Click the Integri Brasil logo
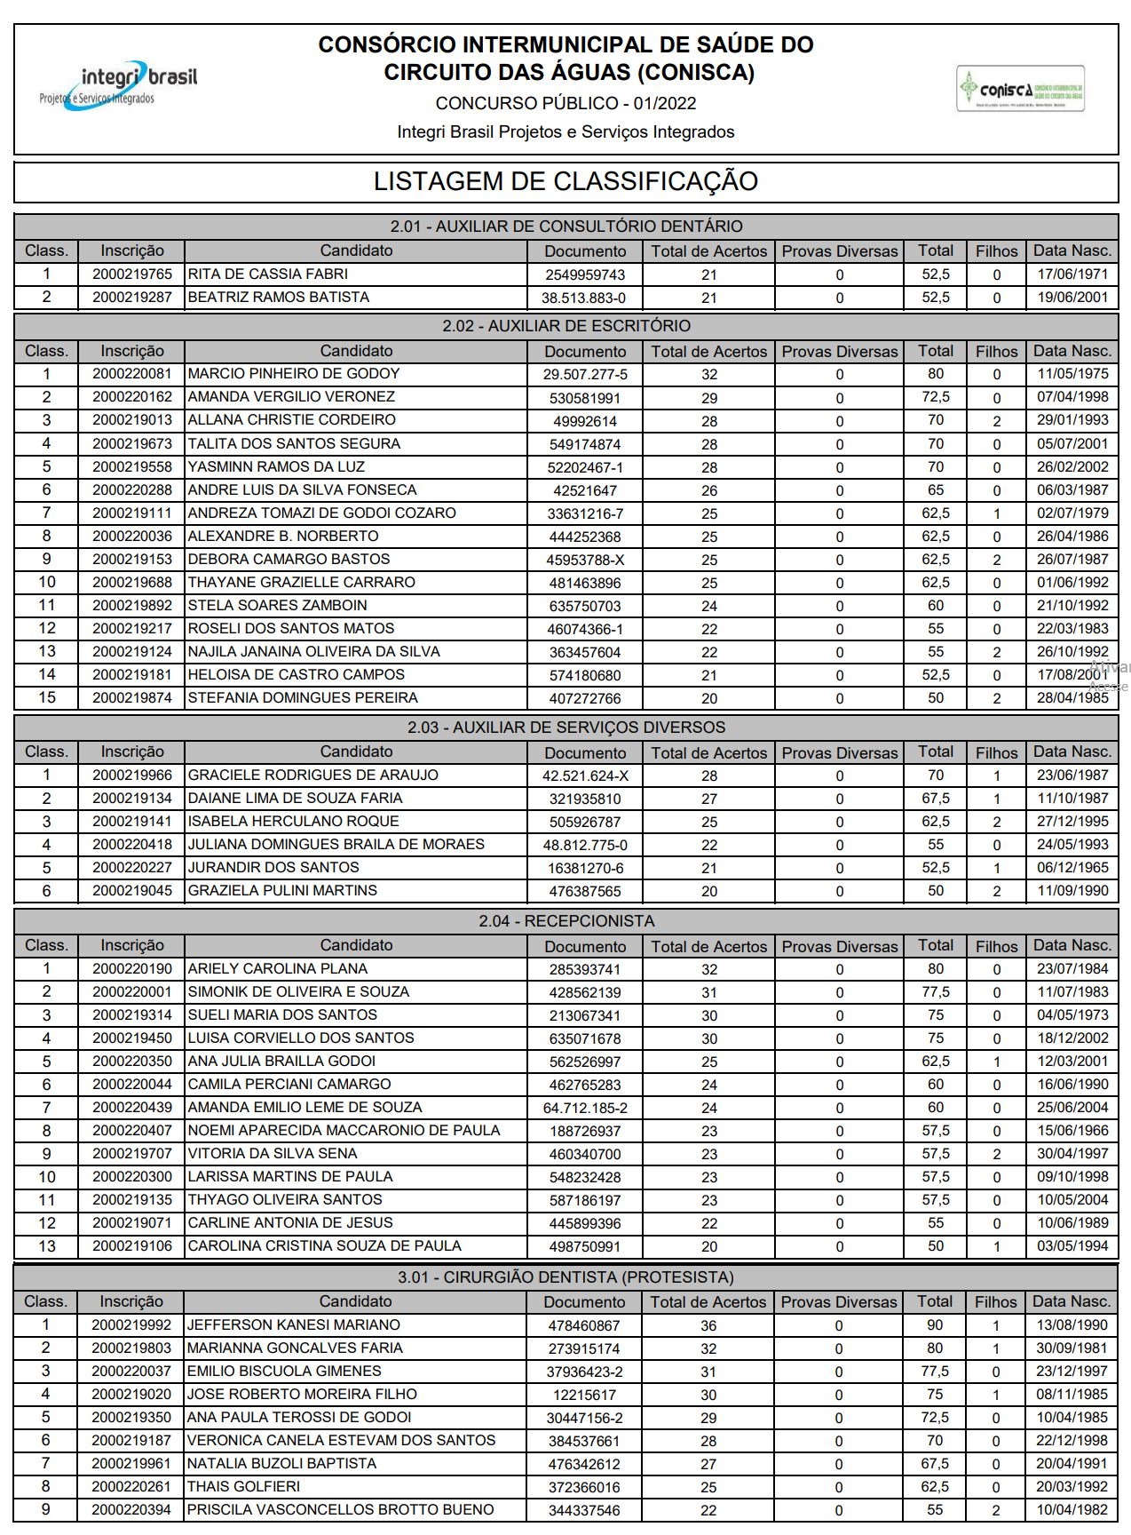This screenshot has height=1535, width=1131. (x=118, y=85)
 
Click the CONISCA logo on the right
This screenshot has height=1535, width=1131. (x=1020, y=89)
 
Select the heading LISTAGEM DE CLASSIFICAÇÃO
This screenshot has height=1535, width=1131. (x=565, y=181)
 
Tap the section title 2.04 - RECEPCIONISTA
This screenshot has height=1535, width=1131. (x=566, y=921)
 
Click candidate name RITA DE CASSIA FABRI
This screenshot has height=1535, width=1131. (x=268, y=274)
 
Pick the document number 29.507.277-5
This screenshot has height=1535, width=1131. (x=585, y=375)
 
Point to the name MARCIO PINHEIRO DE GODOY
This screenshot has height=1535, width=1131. (x=294, y=374)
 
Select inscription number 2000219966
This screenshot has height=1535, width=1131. (x=132, y=775)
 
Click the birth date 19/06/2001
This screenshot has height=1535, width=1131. (x=1072, y=298)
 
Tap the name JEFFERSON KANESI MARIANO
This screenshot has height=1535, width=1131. (x=294, y=1325)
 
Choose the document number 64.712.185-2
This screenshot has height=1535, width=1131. (x=585, y=1109)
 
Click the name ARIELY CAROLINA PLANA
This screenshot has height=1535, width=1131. (x=278, y=969)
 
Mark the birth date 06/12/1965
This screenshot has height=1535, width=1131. (x=1072, y=868)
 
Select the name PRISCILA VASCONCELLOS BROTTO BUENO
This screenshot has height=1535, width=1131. (x=340, y=1510)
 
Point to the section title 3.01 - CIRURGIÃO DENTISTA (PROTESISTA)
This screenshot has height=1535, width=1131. (x=565, y=1277)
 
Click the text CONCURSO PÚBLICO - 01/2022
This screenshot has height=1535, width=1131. (x=565, y=104)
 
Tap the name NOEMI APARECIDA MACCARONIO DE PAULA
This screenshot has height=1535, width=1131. (x=344, y=1131)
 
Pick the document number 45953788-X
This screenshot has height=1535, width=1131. (x=585, y=561)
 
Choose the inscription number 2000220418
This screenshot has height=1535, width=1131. (x=132, y=845)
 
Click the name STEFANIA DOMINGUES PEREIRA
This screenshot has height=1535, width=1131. (x=303, y=698)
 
